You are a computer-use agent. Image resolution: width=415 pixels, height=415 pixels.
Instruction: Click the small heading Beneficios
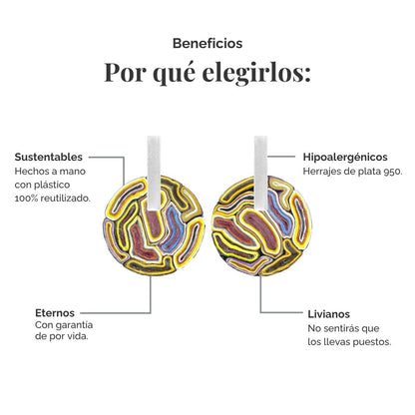[x=207, y=44]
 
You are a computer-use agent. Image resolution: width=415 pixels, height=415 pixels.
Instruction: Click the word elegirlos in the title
[x=256, y=73]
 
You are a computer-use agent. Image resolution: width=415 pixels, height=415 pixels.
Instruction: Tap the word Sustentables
[x=49, y=157]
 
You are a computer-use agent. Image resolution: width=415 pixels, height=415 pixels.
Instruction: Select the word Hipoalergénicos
[x=345, y=157]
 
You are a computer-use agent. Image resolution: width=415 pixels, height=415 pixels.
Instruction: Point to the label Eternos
[x=55, y=313]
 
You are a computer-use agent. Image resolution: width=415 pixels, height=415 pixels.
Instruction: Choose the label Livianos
[x=328, y=314]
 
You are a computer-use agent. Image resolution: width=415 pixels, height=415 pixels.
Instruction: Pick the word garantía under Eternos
[x=74, y=325]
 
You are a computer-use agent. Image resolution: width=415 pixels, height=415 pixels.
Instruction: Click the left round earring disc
[x=154, y=226]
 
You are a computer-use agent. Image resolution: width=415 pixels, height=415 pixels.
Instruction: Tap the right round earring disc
[x=261, y=226]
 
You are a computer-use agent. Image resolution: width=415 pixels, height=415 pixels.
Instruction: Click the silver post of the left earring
[x=154, y=174]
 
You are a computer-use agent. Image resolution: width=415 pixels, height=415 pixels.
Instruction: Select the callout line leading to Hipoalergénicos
[x=281, y=157]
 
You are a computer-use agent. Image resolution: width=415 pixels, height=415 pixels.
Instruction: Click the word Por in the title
[x=126, y=73]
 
